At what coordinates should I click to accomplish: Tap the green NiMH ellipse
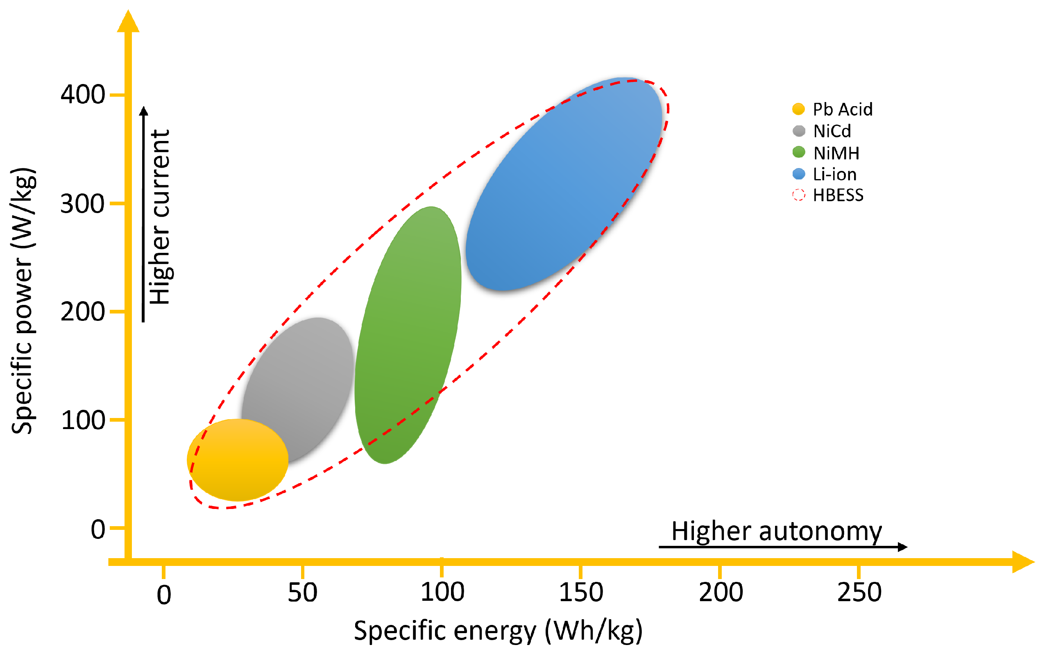[409, 330]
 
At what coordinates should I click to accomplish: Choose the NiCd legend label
[832, 131]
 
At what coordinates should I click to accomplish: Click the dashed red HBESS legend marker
[799, 195]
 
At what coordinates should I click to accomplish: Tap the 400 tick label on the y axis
[83, 94]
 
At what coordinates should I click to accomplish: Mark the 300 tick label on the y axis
[83, 204]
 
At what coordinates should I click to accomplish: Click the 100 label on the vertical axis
[83, 420]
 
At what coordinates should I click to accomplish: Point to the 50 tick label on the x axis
[303, 592]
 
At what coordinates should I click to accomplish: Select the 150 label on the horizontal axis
[581, 592]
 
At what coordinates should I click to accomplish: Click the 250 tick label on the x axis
[859, 592]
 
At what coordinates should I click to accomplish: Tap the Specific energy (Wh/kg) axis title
[498, 631]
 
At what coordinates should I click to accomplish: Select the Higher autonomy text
[777, 532]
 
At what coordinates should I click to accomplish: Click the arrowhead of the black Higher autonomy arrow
[903, 547]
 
